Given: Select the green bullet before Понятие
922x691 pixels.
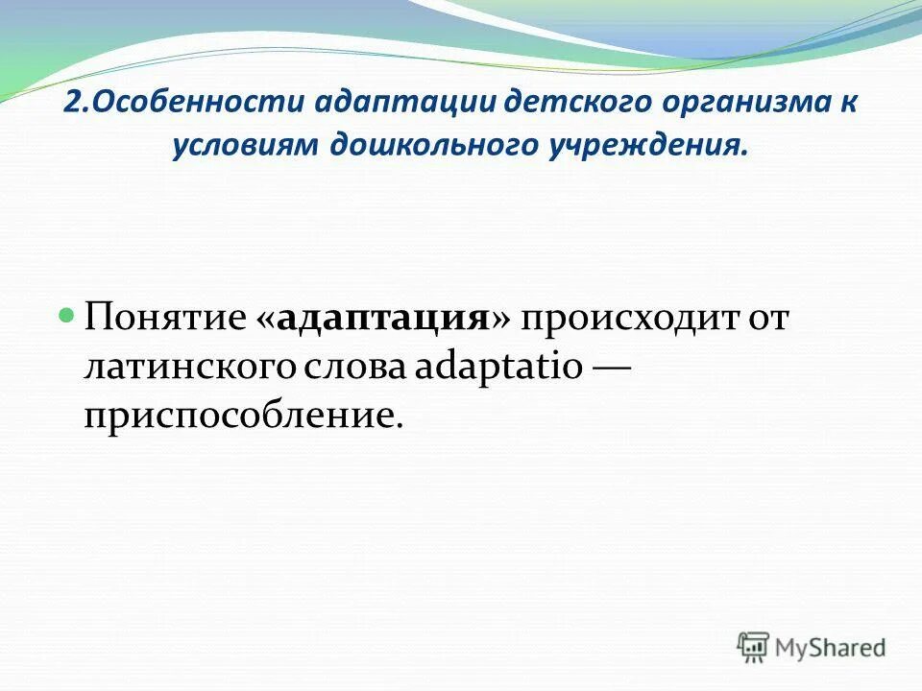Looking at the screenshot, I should tap(67, 314).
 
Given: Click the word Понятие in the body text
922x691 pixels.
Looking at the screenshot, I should tap(165, 319).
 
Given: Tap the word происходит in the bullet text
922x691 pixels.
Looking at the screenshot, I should tap(626, 319).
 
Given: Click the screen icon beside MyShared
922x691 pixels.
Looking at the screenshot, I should tap(754, 647).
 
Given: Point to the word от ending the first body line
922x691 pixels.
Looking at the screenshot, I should tap(765, 319).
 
